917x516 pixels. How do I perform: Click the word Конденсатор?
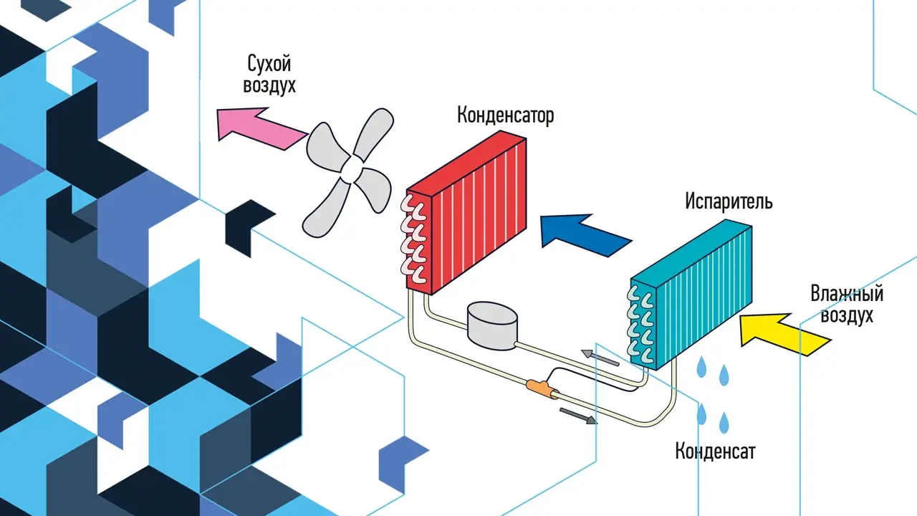[506, 115]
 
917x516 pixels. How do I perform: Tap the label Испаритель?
[729, 201]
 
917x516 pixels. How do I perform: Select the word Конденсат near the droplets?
[715, 451]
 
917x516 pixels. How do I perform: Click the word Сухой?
[269, 64]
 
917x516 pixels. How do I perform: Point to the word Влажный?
[847, 294]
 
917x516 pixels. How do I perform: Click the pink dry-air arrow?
[262, 128]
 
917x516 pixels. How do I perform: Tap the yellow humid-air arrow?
[786, 334]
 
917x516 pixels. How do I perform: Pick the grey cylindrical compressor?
[492, 326]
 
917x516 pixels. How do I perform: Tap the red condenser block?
[466, 212]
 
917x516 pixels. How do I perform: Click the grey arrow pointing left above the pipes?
[600, 358]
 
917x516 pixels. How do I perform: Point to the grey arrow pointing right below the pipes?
[578, 416]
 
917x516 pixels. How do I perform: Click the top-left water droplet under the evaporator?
[701, 366]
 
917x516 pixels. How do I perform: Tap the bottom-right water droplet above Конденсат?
[724, 422]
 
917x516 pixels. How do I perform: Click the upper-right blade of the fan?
[374, 133]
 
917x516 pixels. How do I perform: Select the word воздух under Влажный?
[847, 316]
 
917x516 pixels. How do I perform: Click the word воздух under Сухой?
[269, 85]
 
